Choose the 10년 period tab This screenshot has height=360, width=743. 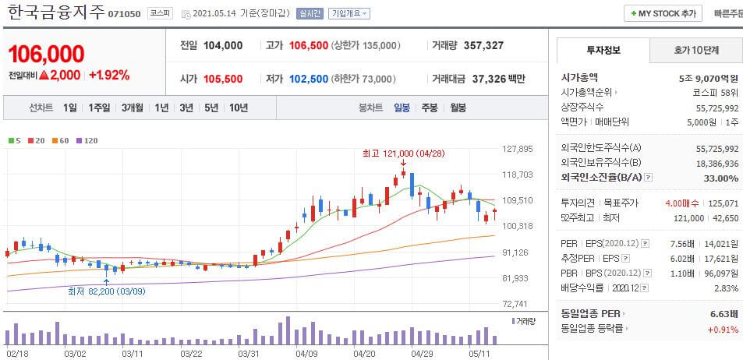238,108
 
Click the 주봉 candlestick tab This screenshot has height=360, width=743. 430,108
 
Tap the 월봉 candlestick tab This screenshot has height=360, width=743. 458,108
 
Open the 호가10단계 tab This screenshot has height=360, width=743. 695,50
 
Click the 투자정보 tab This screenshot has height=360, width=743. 603,50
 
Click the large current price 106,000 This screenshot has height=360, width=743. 46,54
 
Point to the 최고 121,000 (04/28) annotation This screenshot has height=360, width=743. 403,154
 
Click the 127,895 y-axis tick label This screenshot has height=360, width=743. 517,149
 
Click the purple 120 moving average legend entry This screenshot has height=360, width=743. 87,140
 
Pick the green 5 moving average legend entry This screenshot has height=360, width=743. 15,140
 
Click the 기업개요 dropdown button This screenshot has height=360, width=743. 349,13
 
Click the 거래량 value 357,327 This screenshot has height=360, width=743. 483,45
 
